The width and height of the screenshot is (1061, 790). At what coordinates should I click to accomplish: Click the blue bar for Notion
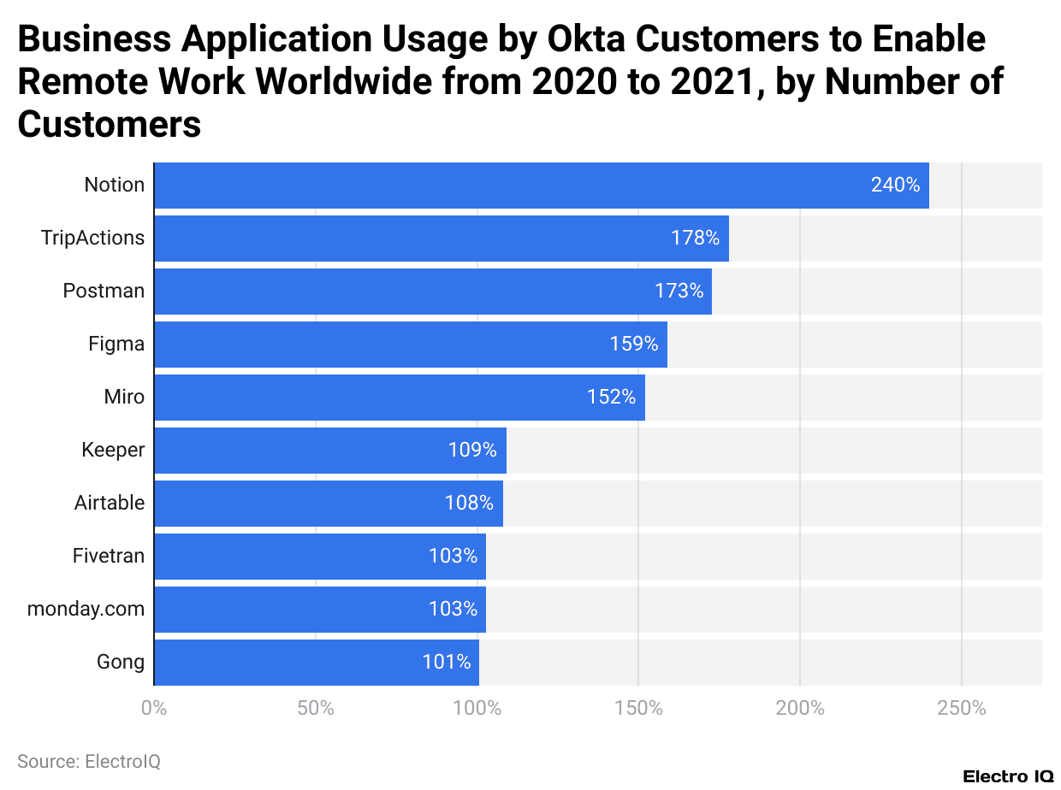[541, 185]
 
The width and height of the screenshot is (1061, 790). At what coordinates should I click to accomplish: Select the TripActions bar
[441, 238]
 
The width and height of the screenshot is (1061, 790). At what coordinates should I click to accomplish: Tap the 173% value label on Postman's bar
[679, 291]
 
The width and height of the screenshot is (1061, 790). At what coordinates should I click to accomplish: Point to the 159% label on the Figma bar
[633, 344]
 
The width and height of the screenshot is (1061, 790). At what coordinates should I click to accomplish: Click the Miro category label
[124, 397]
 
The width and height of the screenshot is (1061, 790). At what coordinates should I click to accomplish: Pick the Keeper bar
[329, 450]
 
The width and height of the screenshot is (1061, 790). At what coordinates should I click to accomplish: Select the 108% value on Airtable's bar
[469, 503]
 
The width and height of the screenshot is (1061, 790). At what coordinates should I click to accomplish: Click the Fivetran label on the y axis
[109, 556]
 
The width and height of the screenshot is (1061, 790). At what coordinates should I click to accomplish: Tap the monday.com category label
[86, 609]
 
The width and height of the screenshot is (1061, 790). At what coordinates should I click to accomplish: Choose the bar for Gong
[316, 662]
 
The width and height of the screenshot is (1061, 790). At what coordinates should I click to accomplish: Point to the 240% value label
[895, 185]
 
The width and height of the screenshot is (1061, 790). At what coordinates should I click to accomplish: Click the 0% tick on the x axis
[154, 708]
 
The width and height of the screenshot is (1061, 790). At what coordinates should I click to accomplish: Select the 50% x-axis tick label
[316, 708]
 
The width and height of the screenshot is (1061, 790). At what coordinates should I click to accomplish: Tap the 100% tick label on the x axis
[477, 708]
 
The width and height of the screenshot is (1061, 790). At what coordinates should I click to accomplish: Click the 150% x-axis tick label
[638, 708]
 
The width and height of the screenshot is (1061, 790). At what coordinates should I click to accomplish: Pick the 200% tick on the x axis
[800, 708]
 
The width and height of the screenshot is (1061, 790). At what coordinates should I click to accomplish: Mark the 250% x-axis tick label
[962, 708]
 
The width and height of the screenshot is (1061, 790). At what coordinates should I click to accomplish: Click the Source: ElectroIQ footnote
[89, 761]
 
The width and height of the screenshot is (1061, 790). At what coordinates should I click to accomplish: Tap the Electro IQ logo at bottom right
[1008, 776]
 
